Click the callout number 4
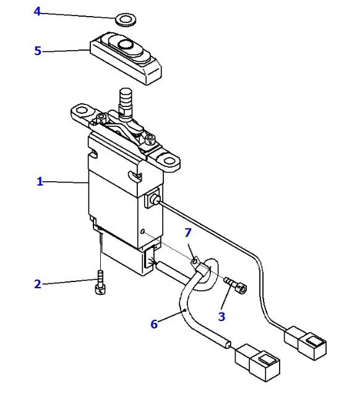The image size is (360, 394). coord(37,12)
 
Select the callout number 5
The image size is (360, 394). coord(38,51)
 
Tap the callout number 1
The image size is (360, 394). coord(40,181)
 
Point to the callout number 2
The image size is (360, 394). coord(38,284)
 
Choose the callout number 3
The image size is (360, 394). coord(221,317)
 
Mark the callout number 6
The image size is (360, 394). coord(154,324)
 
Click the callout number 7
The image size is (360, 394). coord(188,233)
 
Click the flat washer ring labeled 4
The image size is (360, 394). coord(126,20)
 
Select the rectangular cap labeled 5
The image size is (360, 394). coord(126,58)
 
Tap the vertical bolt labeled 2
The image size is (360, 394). coord(100,282)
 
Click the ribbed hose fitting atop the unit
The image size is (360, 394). coord(126,103)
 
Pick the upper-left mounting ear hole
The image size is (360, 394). coord(81,110)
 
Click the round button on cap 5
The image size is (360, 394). coord(126,45)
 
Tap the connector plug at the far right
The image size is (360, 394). coord(305,343)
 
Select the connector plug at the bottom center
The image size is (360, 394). coord(257,362)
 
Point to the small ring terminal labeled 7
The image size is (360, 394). coord(194,262)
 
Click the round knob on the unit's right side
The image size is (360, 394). coord(154,200)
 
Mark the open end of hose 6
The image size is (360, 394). coord(228,345)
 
